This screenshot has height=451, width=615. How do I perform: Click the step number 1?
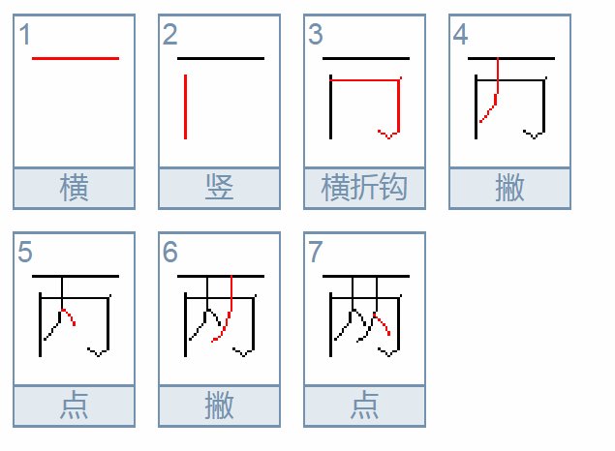click(25, 36)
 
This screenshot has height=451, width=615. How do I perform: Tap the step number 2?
click(170, 36)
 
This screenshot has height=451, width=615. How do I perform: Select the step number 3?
click(316, 36)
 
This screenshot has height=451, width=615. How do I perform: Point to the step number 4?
click(461, 36)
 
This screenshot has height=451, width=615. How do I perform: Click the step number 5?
click(25, 254)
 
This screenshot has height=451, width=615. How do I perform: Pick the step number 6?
click(170, 254)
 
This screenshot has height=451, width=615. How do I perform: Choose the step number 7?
click(316, 254)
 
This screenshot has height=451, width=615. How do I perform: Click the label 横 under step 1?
click(74, 188)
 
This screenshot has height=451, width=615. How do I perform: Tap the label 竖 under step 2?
click(219, 188)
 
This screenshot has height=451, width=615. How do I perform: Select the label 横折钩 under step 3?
click(364, 188)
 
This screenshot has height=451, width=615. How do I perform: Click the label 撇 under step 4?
click(509, 188)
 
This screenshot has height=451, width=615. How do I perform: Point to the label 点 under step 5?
click(74, 406)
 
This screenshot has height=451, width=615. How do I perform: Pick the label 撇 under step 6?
click(219, 406)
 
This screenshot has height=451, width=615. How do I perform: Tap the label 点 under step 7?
click(364, 406)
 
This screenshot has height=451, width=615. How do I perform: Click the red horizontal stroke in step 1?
click(75, 59)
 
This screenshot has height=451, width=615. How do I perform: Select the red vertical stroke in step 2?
click(185, 106)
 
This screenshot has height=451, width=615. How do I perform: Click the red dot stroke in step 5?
click(68, 316)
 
